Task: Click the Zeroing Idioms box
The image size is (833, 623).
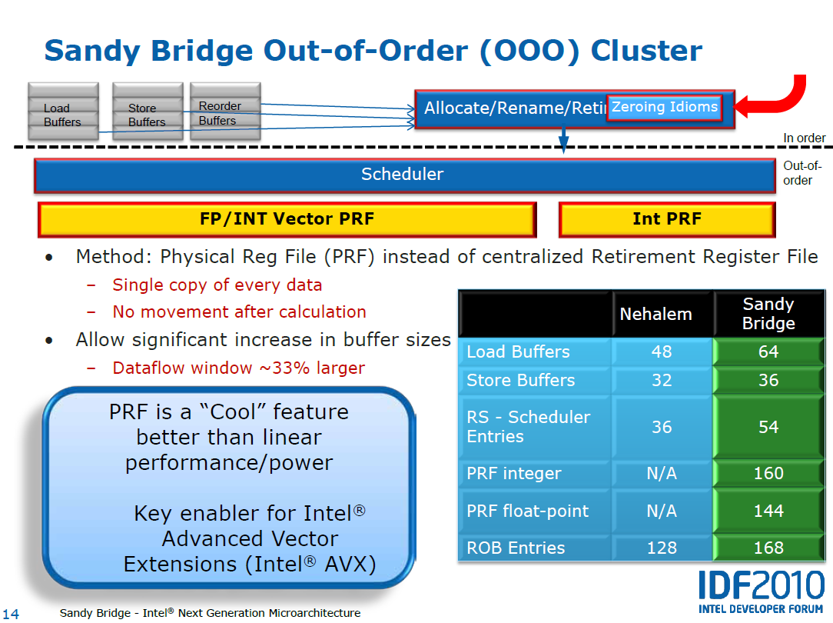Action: tap(664, 108)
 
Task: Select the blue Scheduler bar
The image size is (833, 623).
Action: tap(405, 175)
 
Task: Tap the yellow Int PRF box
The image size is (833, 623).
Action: tap(667, 219)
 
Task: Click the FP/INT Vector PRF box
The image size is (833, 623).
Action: tap(287, 219)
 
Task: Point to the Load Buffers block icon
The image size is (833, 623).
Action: tap(63, 111)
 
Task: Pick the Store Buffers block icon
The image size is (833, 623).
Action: tap(148, 111)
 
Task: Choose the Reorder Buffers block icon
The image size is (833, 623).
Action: tap(225, 111)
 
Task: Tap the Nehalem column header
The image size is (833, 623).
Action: tap(656, 314)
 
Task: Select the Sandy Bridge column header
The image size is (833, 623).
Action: tap(768, 314)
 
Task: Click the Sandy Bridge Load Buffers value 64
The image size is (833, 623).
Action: tap(768, 351)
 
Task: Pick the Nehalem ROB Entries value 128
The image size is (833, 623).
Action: tap(662, 548)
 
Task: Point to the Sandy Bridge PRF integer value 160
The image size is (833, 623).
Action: tap(768, 473)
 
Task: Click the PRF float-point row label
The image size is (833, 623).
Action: tap(527, 511)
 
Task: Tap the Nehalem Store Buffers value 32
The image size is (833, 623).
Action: tap(662, 380)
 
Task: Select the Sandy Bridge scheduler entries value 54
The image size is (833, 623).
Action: tap(768, 427)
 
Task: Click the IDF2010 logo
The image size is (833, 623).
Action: tap(761, 592)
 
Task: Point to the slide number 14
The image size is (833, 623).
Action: tap(11, 614)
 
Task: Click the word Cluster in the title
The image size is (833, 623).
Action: tap(646, 51)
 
